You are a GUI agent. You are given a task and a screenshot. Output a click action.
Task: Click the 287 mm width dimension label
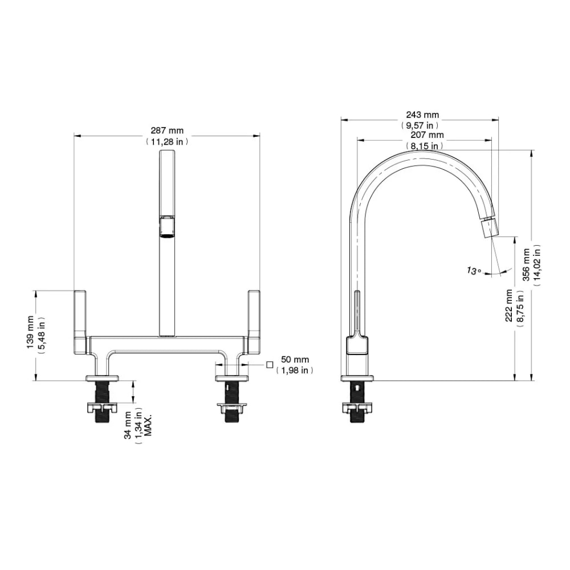167,131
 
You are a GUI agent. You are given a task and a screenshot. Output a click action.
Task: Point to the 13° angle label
474,271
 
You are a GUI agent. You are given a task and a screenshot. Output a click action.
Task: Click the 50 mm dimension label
295,360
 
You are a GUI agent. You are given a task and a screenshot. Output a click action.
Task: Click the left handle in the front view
80,322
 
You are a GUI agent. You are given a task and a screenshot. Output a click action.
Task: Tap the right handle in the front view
254,322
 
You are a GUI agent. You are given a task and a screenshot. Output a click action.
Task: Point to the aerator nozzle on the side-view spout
490,229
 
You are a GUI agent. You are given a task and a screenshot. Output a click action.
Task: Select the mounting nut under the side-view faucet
357,407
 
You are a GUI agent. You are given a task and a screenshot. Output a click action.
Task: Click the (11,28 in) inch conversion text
167,141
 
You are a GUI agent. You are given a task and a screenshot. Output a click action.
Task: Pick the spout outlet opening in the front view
167,226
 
